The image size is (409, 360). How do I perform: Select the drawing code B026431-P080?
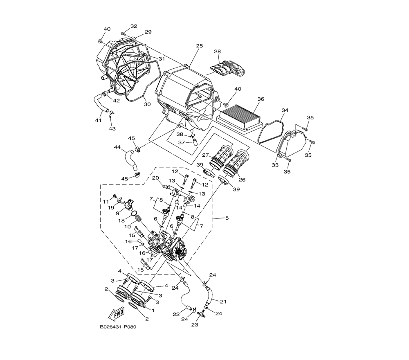118,327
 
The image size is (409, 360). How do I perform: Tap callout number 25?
199,46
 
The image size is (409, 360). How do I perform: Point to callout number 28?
217,52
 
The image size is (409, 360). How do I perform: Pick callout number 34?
285,110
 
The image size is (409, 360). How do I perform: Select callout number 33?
275,165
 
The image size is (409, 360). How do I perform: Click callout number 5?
227,218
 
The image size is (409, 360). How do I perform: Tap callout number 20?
155,178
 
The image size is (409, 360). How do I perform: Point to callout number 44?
117,147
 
